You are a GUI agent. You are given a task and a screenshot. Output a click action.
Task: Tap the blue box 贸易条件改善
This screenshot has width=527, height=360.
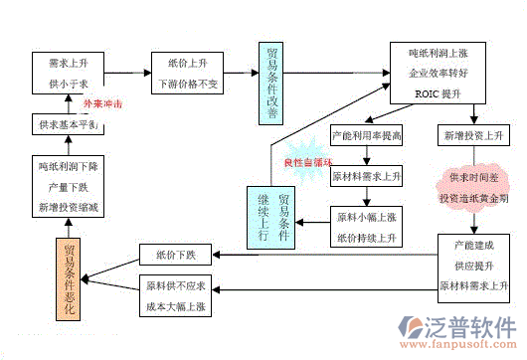(273, 84)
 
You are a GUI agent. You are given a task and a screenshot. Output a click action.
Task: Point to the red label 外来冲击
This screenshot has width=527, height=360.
(101, 103)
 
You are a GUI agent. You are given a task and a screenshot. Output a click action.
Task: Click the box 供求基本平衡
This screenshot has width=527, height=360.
(66, 125)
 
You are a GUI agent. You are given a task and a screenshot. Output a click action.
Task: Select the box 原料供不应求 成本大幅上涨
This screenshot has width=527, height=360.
(175, 295)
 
